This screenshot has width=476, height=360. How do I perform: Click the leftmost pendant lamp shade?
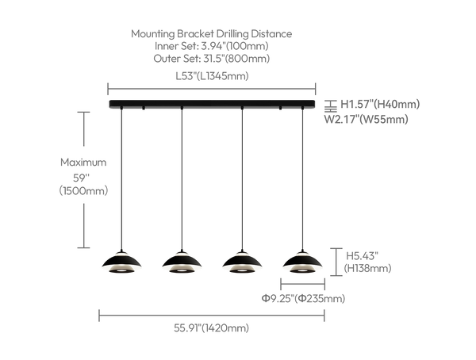[121, 262]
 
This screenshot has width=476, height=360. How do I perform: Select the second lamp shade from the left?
[182, 262]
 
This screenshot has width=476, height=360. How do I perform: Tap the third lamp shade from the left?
[242, 262]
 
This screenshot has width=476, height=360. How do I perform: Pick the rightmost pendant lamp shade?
[302, 262]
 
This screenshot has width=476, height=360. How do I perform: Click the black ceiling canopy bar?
[212, 104]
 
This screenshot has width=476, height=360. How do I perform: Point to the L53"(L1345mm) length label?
[212, 76]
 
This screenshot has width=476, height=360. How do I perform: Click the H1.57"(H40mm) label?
[380, 104]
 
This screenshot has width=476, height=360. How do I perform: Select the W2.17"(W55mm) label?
[366, 119]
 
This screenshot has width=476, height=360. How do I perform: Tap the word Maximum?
[83, 162]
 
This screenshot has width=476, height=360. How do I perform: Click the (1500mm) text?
[83, 191]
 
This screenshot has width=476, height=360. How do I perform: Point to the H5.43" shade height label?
[363, 256]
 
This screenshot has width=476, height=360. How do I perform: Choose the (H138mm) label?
[367, 268]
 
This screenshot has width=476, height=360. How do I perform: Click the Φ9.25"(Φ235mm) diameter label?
[303, 299]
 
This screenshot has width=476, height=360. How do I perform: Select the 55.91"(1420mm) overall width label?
[211, 328]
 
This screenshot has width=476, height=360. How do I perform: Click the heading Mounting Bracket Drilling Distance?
[211, 33]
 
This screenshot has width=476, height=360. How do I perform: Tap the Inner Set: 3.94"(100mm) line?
[212, 46]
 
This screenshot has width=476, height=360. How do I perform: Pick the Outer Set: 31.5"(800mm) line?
[212, 58]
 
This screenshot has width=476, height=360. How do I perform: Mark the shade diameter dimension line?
[303, 285]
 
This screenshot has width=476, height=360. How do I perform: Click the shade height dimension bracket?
[336, 262]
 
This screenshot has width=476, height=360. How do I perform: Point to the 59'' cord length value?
[82, 178]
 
